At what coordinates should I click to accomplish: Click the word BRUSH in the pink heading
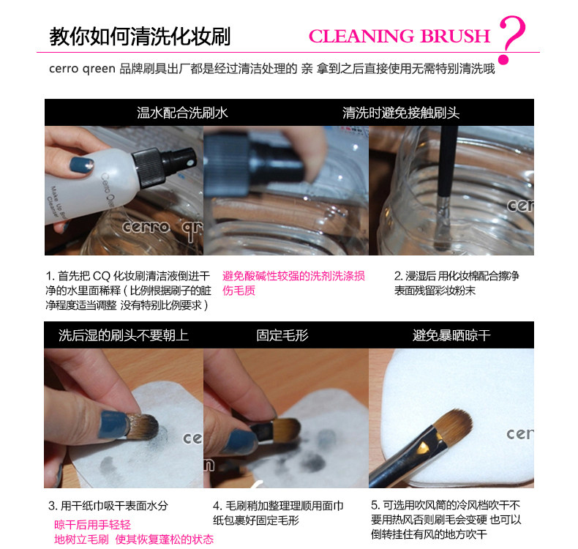point(455,36)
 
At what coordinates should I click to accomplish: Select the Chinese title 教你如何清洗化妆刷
point(140,37)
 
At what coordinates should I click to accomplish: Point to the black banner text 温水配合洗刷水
point(182,113)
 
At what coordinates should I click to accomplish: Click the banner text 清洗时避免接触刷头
point(401,113)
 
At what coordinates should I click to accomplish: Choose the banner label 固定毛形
point(282,335)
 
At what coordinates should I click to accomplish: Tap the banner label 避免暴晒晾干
point(451,335)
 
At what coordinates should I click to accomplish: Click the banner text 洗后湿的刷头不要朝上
point(124,335)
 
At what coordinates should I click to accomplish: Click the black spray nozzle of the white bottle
point(165,165)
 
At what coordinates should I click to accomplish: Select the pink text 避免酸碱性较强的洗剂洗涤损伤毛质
point(293,283)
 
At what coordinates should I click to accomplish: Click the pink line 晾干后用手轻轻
point(92,525)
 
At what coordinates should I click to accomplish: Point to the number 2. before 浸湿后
point(398,276)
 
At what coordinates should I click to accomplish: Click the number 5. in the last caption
point(375,505)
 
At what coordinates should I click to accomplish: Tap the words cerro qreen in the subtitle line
point(82,69)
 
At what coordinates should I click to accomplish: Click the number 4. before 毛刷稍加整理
point(217,506)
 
